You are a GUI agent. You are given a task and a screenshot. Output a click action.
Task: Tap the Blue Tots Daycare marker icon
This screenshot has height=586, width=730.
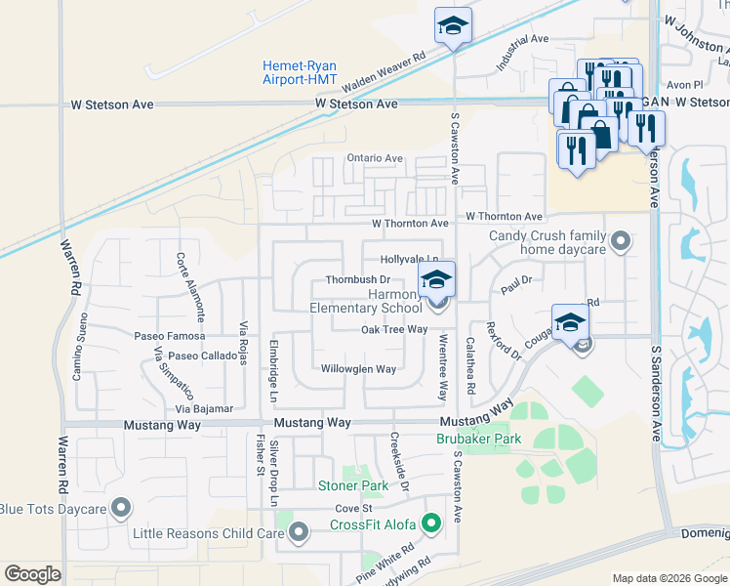pyautogui.click(x=122, y=507)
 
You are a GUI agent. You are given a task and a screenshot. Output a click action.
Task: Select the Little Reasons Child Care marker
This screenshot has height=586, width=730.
pyautogui.click(x=299, y=532)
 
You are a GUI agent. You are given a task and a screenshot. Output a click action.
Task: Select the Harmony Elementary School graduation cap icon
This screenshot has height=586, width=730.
pyautogui.click(x=437, y=280)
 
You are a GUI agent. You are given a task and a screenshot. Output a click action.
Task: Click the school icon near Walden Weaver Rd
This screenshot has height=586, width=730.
pyautogui.click(x=453, y=27)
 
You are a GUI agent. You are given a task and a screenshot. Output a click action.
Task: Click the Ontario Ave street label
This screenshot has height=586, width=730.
pyautogui.click(x=375, y=158)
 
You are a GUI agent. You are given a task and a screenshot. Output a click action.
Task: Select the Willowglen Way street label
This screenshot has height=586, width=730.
pyautogui.click(x=358, y=369)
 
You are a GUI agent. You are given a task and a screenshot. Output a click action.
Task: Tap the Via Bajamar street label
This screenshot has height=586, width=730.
pyautogui.click(x=205, y=408)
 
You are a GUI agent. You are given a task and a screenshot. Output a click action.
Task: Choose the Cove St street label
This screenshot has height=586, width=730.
pyautogui.click(x=354, y=509)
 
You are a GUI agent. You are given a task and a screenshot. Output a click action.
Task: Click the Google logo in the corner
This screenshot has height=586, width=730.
pyautogui.click(x=32, y=574)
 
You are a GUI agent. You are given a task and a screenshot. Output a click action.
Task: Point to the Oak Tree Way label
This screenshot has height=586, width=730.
pyautogui.click(x=394, y=330)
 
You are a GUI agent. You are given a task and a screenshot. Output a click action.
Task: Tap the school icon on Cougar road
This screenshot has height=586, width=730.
pyautogui.click(x=571, y=322)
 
